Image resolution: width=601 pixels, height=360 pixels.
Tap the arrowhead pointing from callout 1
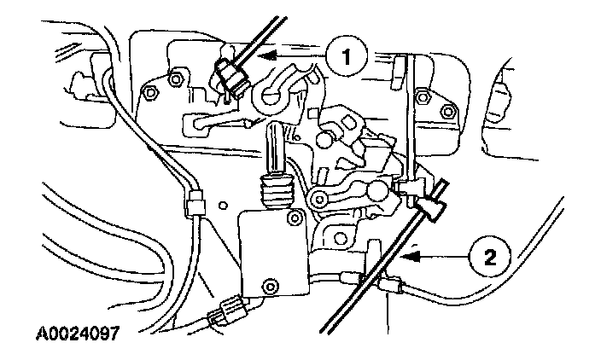(266, 57)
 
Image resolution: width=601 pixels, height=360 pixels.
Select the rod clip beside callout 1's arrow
(232, 75)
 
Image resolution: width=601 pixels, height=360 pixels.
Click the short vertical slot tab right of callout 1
(399, 65)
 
